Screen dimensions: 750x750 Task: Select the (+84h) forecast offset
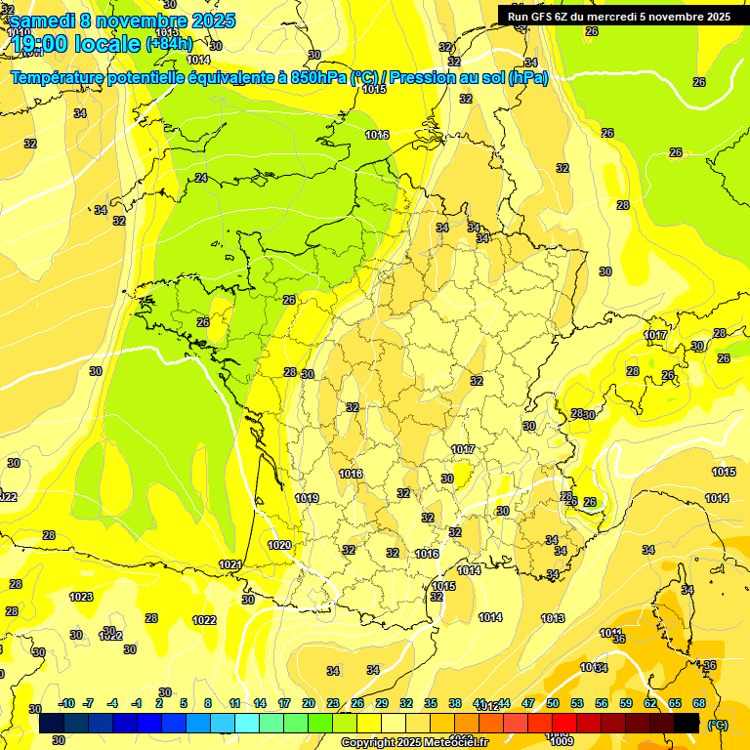[169, 44]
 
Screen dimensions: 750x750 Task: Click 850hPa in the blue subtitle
[318, 77]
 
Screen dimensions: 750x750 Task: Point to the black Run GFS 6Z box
[619, 15]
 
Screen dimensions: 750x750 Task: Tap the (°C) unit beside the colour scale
[717, 725]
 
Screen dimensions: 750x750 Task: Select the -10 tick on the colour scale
[67, 703]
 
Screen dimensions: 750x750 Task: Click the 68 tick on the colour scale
[699, 703]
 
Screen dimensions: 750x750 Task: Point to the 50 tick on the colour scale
[553, 703]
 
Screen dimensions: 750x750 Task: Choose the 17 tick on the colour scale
[284, 703]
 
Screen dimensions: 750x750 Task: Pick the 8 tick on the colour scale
[208, 703]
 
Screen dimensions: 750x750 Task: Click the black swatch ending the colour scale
[687, 724]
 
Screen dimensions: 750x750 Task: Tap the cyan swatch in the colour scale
[247, 724]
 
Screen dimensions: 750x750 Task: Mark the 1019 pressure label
[307, 498]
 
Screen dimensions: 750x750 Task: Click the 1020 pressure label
[280, 545]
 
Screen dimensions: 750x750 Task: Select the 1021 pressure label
[231, 564]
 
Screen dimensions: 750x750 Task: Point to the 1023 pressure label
[81, 597]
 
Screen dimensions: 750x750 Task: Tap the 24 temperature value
[201, 178]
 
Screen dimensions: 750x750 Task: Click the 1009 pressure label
[562, 740]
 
